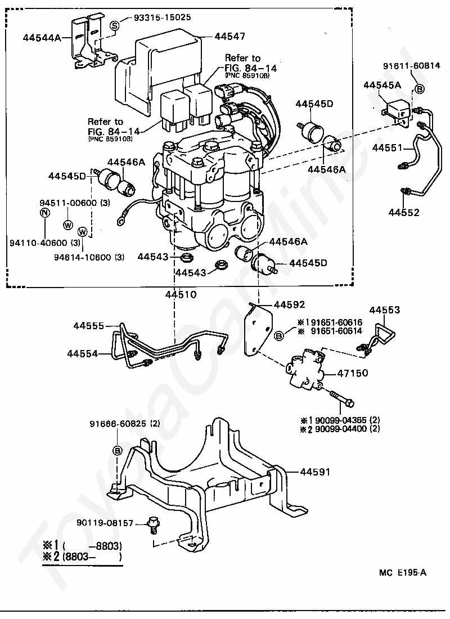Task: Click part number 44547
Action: (229, 37)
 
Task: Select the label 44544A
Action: (42, 38)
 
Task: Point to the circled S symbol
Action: (115, 25)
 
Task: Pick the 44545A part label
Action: (382, 86)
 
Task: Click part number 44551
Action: (387, 148)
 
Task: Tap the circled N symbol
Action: (44, 213)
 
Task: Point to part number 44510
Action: (181, 294)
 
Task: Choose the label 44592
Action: (289, 305)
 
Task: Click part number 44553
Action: (385, 310)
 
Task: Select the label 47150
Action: (352, 373)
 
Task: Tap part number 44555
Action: (88, 326)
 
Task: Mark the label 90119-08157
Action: (105, 523)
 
